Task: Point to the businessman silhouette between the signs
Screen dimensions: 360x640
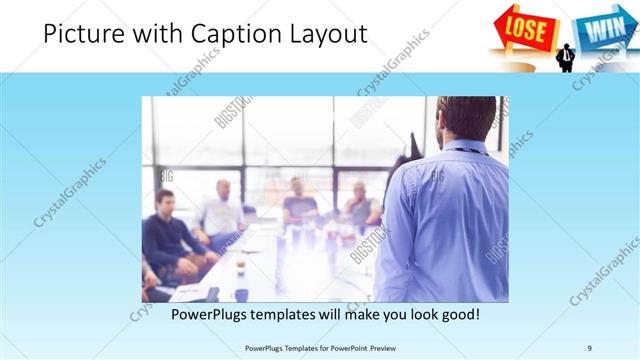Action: (x=566, y=57)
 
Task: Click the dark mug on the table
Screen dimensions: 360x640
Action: (x=242, y=294)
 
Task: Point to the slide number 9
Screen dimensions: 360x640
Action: (x=589, y=347)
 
